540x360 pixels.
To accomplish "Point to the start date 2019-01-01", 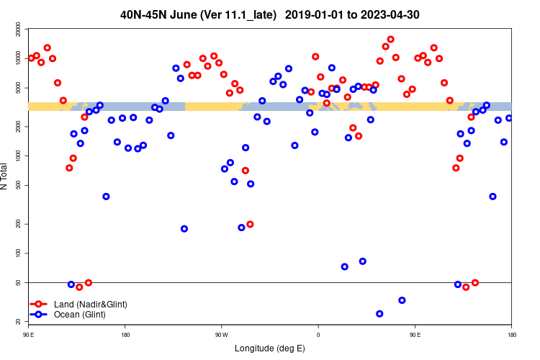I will click(x=325, y=14).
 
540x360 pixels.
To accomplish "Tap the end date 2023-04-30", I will click(x=409, y=14).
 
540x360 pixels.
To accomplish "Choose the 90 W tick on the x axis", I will click(x=221, y=335).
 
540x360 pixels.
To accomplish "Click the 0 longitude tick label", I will click(x=318, y=335).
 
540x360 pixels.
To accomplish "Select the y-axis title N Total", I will click(x=6, y=176).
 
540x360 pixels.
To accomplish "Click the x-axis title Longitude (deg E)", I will click(x=270, y=349).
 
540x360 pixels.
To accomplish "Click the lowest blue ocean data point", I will click(x=379, y=314).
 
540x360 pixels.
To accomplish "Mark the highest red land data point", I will click(x=390, y=40).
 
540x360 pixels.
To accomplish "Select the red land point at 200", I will click(x=250, y=224).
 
